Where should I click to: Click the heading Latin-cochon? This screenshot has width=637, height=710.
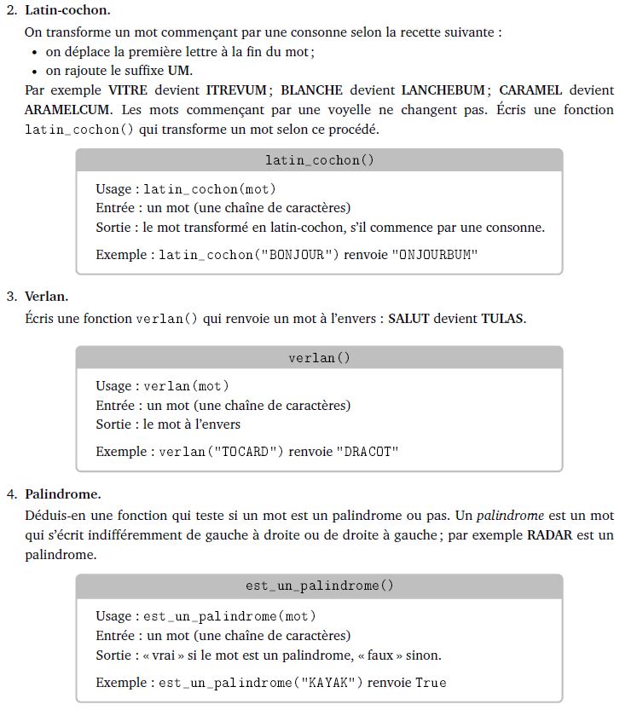tap(67, 11)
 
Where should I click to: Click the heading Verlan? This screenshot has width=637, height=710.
tap(46, 297)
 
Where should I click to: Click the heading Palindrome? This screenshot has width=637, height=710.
tap(62, 494)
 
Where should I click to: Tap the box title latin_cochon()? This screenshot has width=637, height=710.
tap(319, 160)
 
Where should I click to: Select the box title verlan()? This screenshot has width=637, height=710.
tap(319, 358)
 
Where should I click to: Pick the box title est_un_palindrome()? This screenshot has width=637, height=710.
tap(319, 586)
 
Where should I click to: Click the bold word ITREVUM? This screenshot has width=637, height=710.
tap(236, 90)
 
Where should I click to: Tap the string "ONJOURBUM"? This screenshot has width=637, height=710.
tap(435, 255)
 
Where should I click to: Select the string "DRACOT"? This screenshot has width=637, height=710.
tap(367, 452)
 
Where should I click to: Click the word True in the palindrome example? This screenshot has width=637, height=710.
tap(431, 683)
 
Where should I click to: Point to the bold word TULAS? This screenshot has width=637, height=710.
tap(502, 319)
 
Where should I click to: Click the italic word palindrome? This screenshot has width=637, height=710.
tap(510, 516)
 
